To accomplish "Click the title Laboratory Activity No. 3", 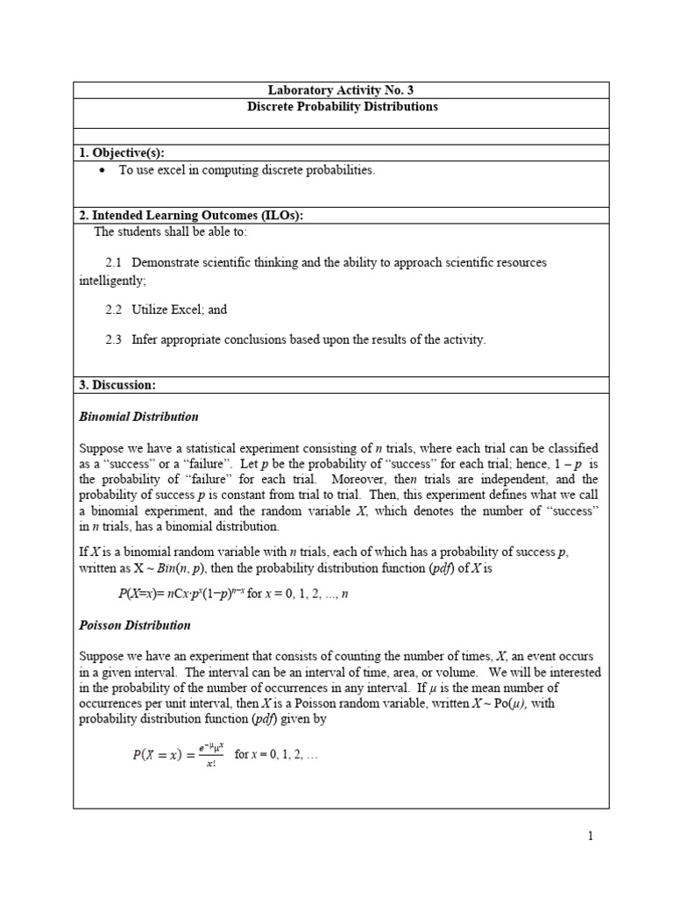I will click(341, 90).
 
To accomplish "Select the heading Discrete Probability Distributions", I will click(341, 107).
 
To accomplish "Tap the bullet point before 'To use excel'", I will click(103, 171).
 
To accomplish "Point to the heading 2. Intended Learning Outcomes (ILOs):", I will click(191, 217).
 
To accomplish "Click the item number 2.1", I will click(113, 263).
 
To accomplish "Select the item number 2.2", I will click(113, 310).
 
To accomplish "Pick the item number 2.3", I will click(113, 339).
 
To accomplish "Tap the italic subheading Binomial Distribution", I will click(138, 417).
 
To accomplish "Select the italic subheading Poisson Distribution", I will click(135, 626).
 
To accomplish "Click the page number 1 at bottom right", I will click(591, 836).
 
